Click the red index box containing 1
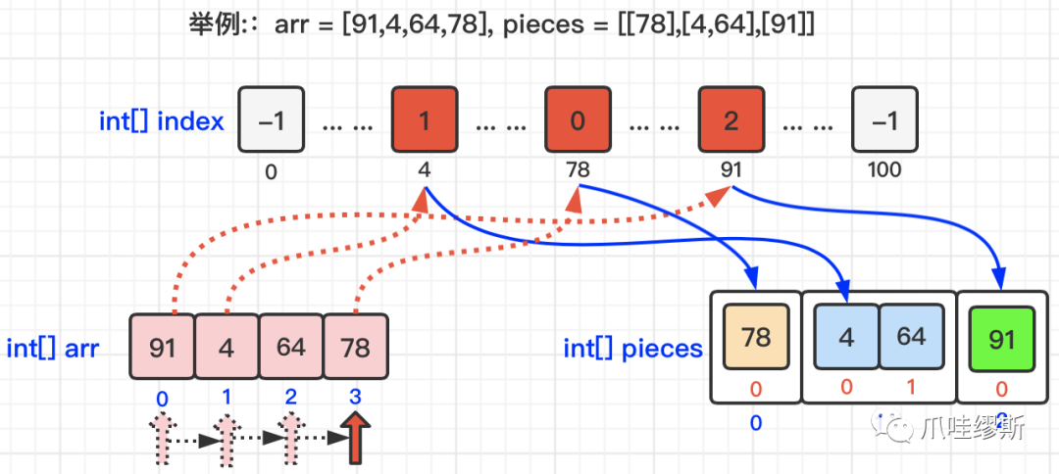(424, 120)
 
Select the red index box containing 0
(578, 120)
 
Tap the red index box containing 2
(731, 120)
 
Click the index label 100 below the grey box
(883, 170)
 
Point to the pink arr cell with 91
(163, 347)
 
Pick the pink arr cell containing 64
(290, 347)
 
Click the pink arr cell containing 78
(356, 347)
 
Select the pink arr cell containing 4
(227, 347)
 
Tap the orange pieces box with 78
(756, 338)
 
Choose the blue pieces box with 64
(911, 338)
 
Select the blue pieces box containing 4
(846, 338)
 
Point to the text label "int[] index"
(162, 121)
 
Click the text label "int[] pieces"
(632, 348)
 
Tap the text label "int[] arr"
(53, 348)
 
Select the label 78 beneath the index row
(578, 170)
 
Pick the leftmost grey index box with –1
(271, 120)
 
